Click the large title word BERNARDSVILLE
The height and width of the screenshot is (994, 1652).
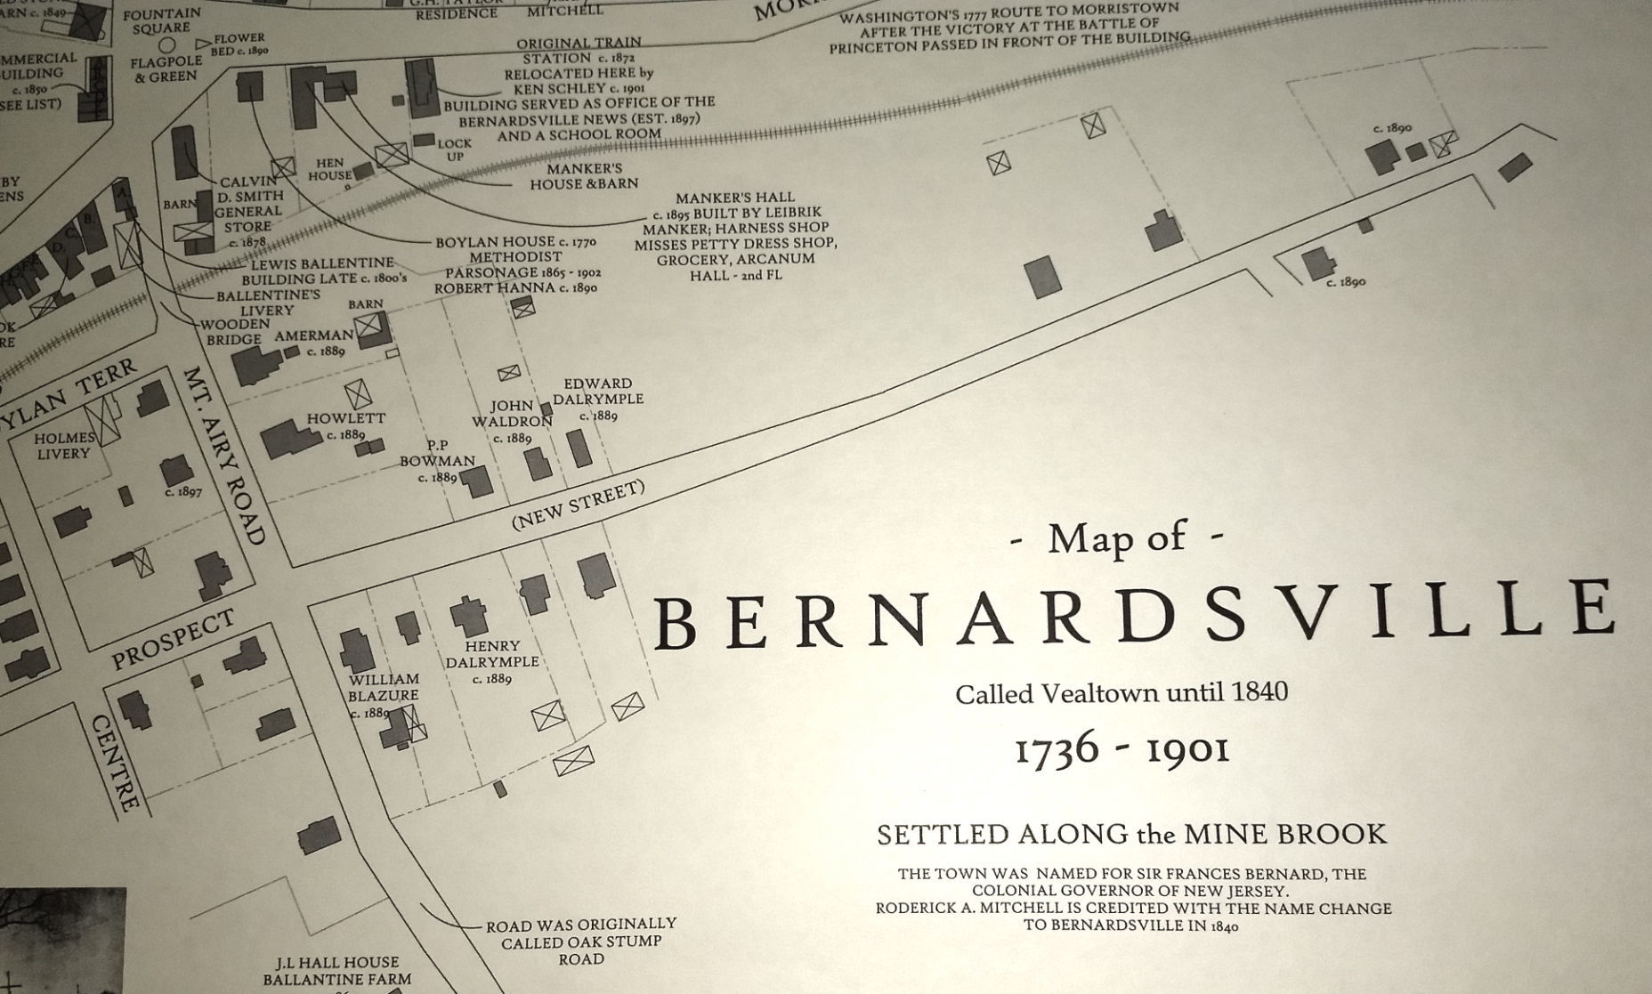click(x=1135, y=615)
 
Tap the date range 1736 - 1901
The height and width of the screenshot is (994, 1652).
click(x=1122, y=749)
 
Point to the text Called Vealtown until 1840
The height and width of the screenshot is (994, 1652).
click(x=1122, y=692)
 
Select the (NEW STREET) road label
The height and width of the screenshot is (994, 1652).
click(x=578, y=505)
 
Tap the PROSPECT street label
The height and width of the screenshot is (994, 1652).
click(x=174, y=640)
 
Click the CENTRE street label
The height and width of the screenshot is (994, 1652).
click(x=117, y=764)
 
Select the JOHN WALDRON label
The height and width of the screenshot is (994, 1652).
click(x=512, y=414)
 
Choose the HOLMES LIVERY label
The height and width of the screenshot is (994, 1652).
click(x=64, y=445)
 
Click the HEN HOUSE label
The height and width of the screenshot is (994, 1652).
click(x=329, y=169)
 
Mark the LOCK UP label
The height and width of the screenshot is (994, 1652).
click(x=454, y=149)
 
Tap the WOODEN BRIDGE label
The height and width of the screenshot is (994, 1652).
click(x=233, y=332)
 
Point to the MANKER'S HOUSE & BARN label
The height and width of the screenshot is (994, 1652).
click(x=584, y=175)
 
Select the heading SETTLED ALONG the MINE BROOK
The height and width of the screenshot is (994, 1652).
click(x=1131, y=834)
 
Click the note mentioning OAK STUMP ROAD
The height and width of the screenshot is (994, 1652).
click(x=580, y=941)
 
